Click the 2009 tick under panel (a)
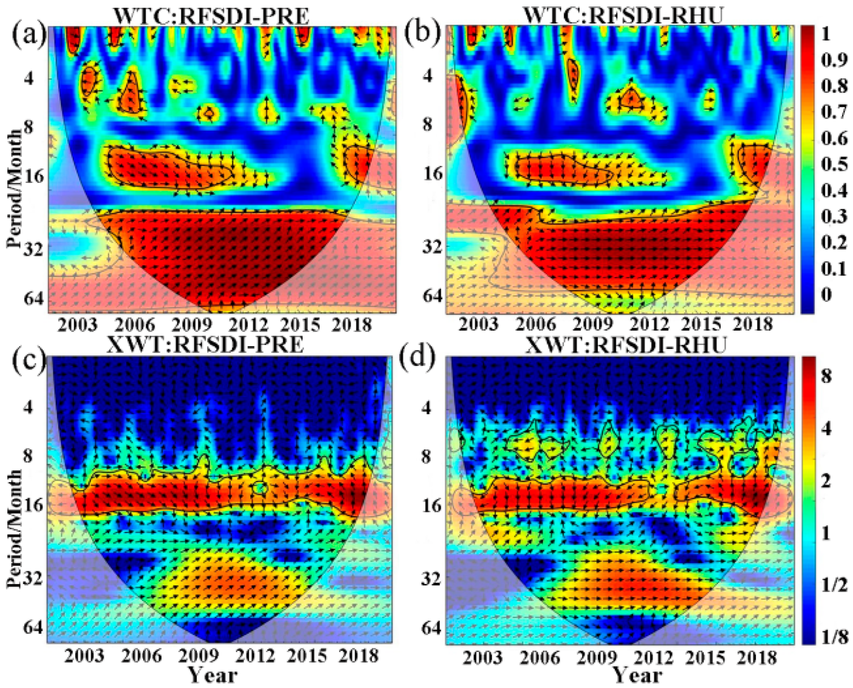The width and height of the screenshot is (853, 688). [x=191, y=325]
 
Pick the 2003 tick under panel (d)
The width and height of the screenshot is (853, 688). [x=482, y=658]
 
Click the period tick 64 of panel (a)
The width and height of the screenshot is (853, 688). [x=34, y=298]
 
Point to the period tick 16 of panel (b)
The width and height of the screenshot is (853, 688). [x=432, y=174]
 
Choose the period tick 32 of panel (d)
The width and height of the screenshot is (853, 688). [x=431, y=579]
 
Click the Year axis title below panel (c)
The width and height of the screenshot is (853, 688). [x=213, y=675]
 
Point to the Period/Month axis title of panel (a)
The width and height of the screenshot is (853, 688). [x=15, y=188]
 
